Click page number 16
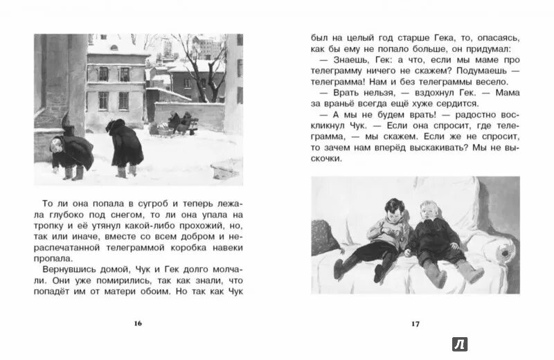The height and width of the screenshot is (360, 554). click(x=138, y=323)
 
